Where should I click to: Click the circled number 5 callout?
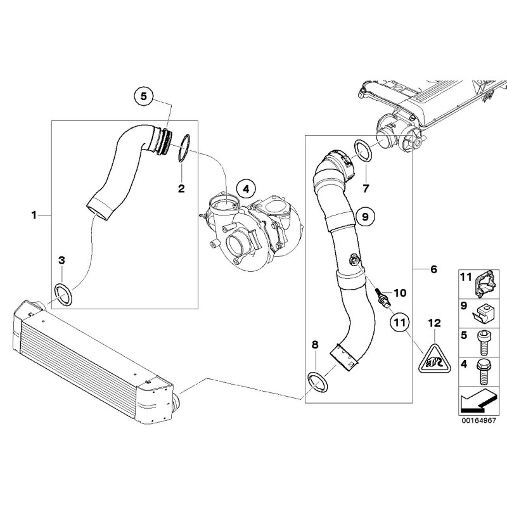coord(143,96)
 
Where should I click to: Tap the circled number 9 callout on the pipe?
coord(364,217)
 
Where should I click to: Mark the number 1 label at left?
coord(34,215)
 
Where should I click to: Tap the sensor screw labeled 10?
coord(381,297)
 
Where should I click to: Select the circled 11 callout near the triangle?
coord(400,323)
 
